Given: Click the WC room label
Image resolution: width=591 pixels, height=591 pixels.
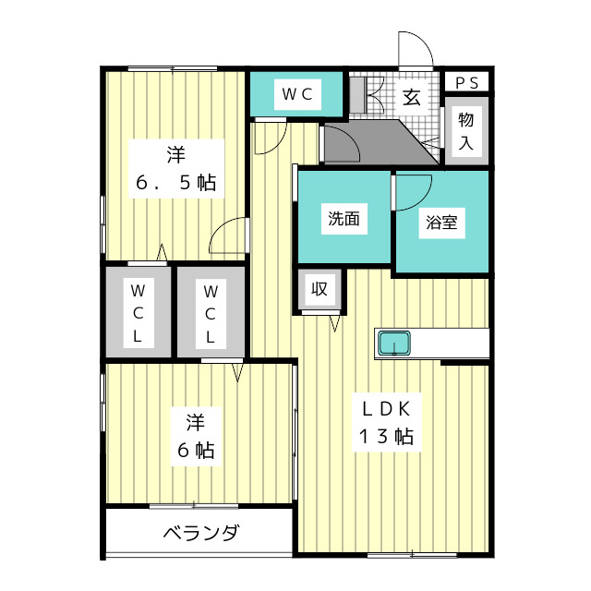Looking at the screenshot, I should (x=296, y=93).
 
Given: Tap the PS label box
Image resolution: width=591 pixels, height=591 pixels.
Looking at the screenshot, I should (x=466, y=82).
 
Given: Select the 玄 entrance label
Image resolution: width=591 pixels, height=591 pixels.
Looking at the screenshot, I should (x=412, y=96).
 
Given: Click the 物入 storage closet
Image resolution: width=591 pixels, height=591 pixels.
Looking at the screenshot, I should (x=466, y=130).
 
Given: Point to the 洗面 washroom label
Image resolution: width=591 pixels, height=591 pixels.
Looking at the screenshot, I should (x=343, y=219).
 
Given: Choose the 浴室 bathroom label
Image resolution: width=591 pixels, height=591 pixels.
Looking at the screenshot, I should (x=440, y=223).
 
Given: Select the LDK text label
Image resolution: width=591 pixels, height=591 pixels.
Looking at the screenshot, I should (x=386, y=407).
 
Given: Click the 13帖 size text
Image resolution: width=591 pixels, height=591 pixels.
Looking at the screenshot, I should (x=385, y=437).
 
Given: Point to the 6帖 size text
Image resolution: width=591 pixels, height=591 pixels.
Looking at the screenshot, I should (x=195, y=451).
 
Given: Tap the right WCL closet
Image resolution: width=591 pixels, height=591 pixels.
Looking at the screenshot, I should (x=211, y=311).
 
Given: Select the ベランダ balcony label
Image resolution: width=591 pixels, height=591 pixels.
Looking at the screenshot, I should (x=201, y=533).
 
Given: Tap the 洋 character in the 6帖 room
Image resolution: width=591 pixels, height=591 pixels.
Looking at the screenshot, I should (x=195, y=422).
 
